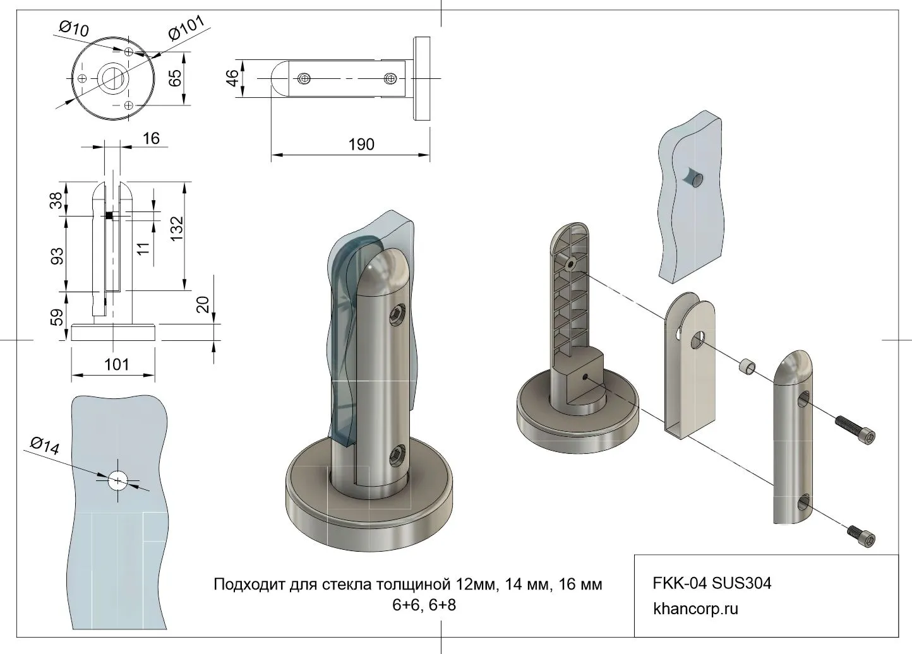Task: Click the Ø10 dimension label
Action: [x=75, y=28]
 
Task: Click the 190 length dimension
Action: [x=361, y=145]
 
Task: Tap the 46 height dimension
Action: [x=232, y=78]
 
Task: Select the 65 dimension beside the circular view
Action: [x=175, y=78]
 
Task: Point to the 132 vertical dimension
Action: [x=177, y=229]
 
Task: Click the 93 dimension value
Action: [x=57, y=255]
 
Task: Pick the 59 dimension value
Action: [x=57, y=317]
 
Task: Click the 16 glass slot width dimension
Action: [x=151, y=138]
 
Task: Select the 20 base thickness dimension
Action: [x=202, y=304]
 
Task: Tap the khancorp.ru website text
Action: [x=695, y=609]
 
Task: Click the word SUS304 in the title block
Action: [x=741, y=583]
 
